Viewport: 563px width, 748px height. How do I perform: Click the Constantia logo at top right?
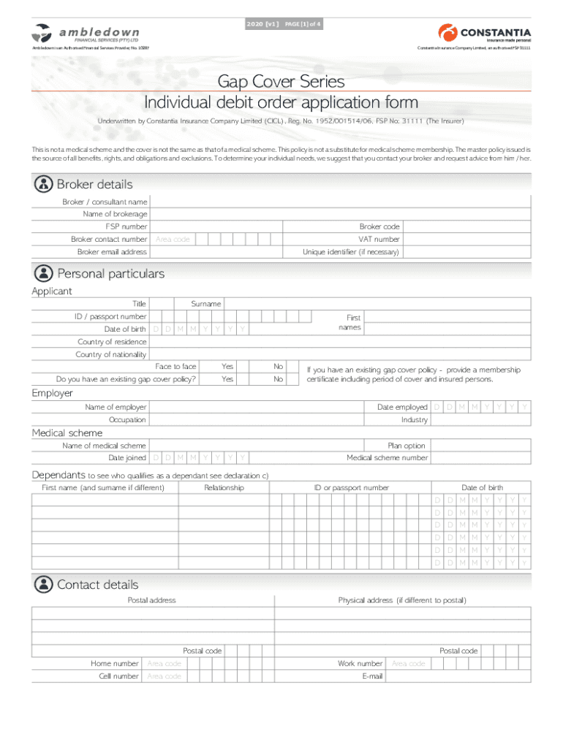(x=484, y=34)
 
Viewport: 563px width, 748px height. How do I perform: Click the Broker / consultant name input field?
(x=340, y=202)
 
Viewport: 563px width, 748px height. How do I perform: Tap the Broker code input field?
(x=466, y=227)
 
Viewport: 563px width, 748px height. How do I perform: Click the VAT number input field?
(x=466, y=240)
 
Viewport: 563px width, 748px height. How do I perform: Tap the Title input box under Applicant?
(x=162, y=304)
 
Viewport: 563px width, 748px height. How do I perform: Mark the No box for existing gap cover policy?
(x=293, y=379)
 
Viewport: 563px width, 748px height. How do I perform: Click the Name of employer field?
(x=257, y=407)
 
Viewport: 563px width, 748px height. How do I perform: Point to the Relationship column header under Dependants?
(x=224, y=487)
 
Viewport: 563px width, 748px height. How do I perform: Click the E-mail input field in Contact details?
(x=458, y=676)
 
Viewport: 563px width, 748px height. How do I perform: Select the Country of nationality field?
(x=340, y=354)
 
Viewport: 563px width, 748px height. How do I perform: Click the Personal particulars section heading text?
(x=110, y=274)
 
